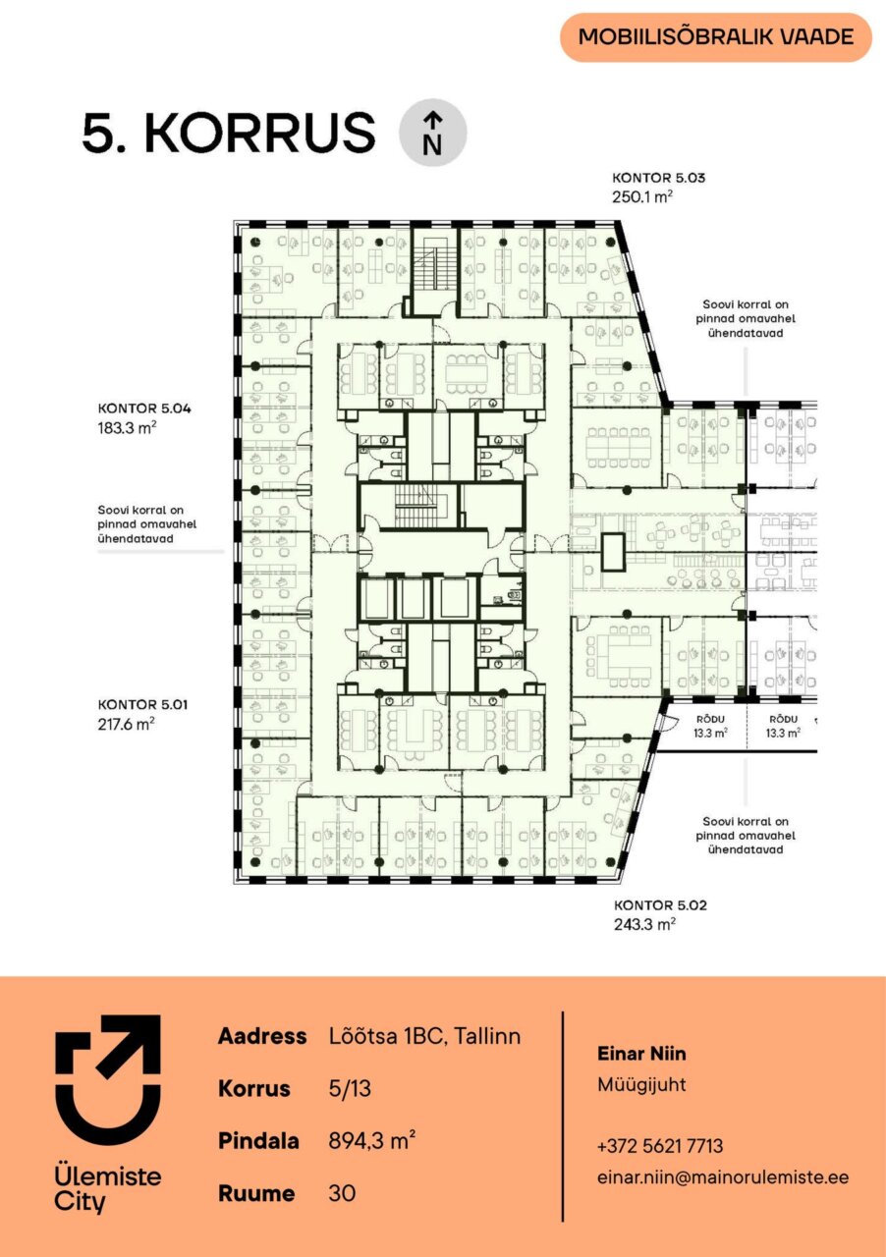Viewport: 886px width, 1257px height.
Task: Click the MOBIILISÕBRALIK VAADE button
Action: (x=716, y=37)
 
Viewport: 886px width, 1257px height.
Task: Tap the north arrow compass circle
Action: (x=432, y=133)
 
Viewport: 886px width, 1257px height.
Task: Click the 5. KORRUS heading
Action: (x=229, y=133)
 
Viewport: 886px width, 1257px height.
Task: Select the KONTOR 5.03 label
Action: (x=658, y=178)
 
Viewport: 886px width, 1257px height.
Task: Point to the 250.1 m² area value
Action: (x=642, y=197)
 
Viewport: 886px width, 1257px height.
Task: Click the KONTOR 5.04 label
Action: (x=144, y=409)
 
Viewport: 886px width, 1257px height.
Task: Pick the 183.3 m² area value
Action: (x=127, y=427)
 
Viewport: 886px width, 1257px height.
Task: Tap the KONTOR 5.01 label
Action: (x=143, y=704)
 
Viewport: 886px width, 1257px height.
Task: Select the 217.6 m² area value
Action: (x=127, y=724)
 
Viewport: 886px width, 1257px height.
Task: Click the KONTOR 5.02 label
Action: (x=660, y=905)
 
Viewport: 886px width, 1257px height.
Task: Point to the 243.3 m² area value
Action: (x=644, y=924)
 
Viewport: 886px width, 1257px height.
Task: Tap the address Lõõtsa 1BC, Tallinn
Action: (x=425, y=1036)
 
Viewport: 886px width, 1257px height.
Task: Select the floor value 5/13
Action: (x=350, y=1089)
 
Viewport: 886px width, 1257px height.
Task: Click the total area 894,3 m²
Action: (x=372, y=1141)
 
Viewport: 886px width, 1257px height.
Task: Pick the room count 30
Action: (x=342, y=1193)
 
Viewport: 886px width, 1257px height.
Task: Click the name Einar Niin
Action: (x=641, y=1054)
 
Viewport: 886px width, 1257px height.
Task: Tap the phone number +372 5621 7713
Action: (x=660, y=1146)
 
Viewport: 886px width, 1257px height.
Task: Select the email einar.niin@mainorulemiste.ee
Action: (x=723, y=1177)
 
